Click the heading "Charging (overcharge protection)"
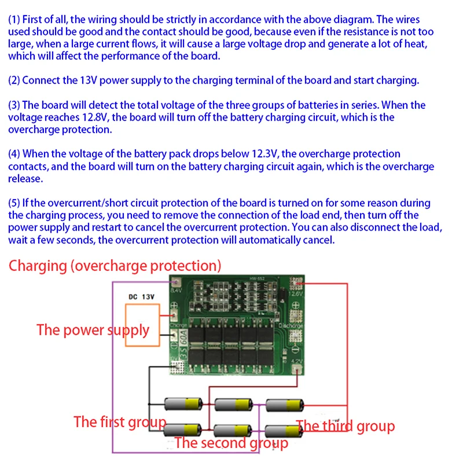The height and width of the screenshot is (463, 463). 115,266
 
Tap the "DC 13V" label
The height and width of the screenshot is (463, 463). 141,296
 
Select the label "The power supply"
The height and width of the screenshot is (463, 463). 93,330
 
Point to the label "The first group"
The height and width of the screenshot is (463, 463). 120,422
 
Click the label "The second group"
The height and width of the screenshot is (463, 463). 231,443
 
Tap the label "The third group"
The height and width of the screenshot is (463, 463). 346,427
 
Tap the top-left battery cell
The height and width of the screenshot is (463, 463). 182,403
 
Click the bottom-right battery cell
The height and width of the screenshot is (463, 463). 284,431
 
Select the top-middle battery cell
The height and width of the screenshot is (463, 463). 233,403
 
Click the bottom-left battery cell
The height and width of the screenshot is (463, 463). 182,431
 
